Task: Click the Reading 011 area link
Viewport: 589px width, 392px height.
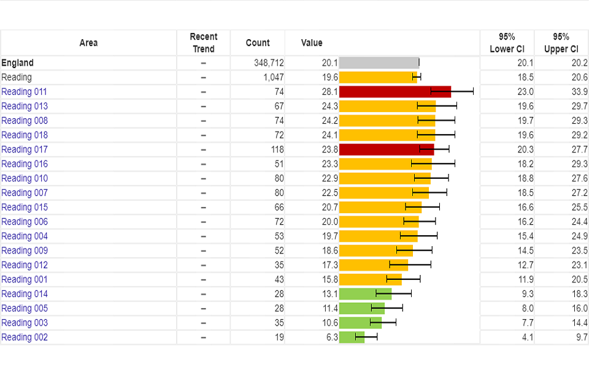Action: (24, 92)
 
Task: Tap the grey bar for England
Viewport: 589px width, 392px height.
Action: (379, 62)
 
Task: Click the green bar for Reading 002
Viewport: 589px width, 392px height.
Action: (351, 337)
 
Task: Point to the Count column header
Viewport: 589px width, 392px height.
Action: (258, 43)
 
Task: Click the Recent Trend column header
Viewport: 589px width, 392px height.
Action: (203, 43)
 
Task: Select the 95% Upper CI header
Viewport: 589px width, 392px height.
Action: (561, 43)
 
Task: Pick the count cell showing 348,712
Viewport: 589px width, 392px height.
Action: (269, 62)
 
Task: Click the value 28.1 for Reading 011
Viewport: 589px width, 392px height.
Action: (329, 92)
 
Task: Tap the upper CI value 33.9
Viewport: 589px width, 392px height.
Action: (579, 92)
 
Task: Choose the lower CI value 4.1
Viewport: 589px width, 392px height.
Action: (527, 337)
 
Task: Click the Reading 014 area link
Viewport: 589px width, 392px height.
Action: (24, 294)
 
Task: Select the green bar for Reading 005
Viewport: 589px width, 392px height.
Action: (361, 309)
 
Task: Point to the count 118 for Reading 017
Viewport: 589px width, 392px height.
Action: (277, 149)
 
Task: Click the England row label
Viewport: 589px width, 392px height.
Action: (17, 62)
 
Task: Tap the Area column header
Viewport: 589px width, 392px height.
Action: (88, 43)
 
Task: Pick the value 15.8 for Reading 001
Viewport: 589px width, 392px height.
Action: (329, 279)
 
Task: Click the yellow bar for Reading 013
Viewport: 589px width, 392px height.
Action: (387, 106)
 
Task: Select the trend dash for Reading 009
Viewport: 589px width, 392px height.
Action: (203, 251)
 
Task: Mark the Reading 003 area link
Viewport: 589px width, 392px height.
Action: (24, 323)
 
